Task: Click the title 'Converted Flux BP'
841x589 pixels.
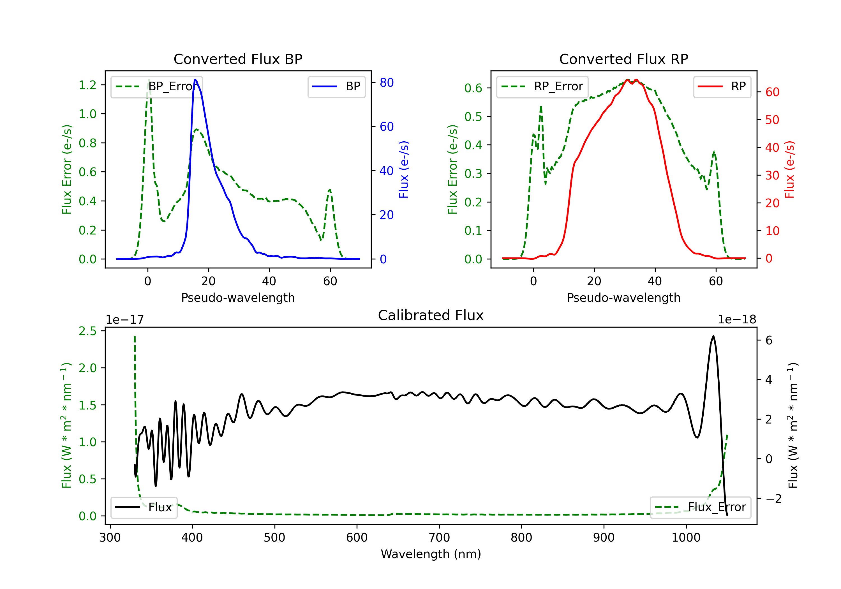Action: coord(238,59)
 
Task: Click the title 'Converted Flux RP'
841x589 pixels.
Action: coord(623,59)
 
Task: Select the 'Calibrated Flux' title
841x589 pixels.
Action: coord(431,315)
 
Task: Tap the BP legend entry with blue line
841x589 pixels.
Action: coord(336,86)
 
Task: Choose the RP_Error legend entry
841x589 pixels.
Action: coord(542,86)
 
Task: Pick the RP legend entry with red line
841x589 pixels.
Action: coord(722,86)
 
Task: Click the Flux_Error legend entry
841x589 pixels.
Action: coord(700,507)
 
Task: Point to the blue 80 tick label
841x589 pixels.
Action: coord(387,82)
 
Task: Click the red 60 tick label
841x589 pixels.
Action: coord(773,92)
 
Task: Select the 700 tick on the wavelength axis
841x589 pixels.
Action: coord(439,538)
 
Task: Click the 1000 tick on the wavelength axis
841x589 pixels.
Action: coord(686,538)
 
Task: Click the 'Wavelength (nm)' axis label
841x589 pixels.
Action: coord(431,554)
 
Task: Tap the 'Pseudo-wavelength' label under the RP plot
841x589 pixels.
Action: coord(623,298)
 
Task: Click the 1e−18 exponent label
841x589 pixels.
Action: coord(737,320)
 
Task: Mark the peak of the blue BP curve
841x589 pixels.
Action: coord(195,80)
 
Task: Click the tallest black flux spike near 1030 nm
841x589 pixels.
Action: coord(713,336)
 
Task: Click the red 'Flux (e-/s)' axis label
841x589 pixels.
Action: coord(790,170)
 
